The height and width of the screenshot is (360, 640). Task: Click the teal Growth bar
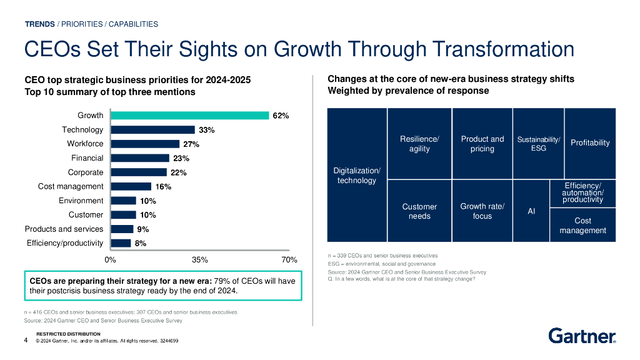click(189, 116)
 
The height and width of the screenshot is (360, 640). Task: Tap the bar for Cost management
click(131, 186)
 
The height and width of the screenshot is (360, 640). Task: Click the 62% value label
click(281, 116)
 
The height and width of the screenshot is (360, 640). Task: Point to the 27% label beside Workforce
click(191, 144)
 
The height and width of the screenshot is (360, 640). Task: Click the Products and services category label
click(64, 229)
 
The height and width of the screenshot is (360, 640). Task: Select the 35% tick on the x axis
click(200, 259)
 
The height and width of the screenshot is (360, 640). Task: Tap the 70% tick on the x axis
click(289, 259)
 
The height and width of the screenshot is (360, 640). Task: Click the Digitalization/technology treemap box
click(357, 176)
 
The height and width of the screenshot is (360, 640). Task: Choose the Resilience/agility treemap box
click(419, 144)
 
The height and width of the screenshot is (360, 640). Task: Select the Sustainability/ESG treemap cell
click(538, 144)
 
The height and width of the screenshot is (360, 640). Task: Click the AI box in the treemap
click(531, 211)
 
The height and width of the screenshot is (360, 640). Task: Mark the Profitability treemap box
click(590, 143)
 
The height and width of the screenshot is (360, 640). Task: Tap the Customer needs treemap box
click(419, 211)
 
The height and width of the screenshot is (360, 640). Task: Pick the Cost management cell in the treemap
click(582, 225)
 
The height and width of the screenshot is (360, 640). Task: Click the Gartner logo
click(582, 336)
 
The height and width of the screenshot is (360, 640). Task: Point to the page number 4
click(26, 341)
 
